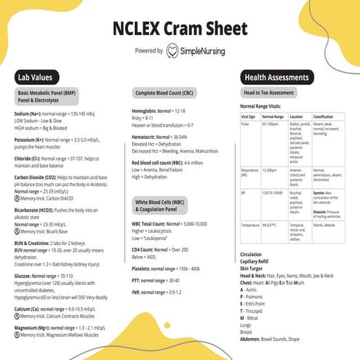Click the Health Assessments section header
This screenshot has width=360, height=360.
tap(276, 76)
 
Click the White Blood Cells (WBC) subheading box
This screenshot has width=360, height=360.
tap(163, 204)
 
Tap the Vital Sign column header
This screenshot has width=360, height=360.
tap(248, 116)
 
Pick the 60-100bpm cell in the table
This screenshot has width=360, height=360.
tap(271, 124)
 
